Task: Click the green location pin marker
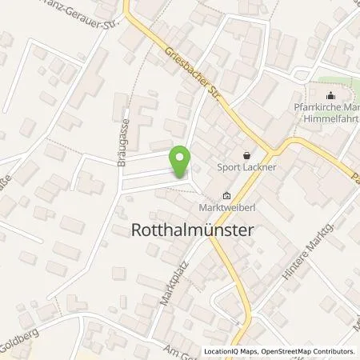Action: pyautogui.click(x=181, y=162)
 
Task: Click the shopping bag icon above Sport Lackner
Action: pyautogui.click(x=246, y=155)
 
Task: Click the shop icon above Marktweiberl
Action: pyautogui.click(x=226, y=196)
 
